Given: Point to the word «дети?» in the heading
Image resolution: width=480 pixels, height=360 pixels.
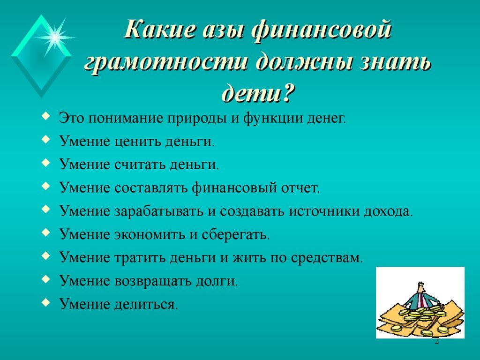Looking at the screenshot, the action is [x=258, y=91].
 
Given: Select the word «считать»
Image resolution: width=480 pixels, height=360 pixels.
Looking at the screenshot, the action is [x=140, y=165].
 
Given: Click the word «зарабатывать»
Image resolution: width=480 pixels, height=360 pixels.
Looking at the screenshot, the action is [x=159, y=211].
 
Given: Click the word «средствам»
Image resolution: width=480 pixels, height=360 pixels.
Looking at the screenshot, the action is [x=327, y=258].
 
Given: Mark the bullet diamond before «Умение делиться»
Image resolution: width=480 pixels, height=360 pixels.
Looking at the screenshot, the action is [x=45, y=302].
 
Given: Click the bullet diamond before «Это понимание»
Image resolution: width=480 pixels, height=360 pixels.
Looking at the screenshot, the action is [x=45, y=116].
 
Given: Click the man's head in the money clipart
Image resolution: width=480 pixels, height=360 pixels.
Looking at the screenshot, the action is [x=421, y=287].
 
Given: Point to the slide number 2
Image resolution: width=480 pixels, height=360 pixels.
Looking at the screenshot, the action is [x=437, y=341].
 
